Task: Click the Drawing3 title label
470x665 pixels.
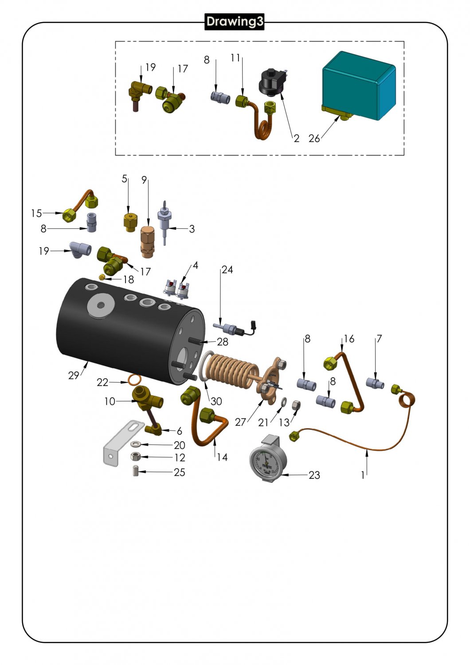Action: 235,21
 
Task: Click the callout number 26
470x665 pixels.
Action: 314,139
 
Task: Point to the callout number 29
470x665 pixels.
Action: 74,376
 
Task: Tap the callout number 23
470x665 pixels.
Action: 314,475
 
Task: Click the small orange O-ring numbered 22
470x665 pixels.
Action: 134,380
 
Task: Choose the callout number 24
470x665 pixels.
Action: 227,270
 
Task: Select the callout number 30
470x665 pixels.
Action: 216,401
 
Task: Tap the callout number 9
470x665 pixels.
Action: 144,180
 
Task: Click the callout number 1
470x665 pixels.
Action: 363,475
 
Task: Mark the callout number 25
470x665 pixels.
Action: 179,472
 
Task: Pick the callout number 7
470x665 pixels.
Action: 379,339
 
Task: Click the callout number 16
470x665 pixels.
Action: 349,339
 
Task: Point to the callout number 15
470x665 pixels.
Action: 36,213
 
